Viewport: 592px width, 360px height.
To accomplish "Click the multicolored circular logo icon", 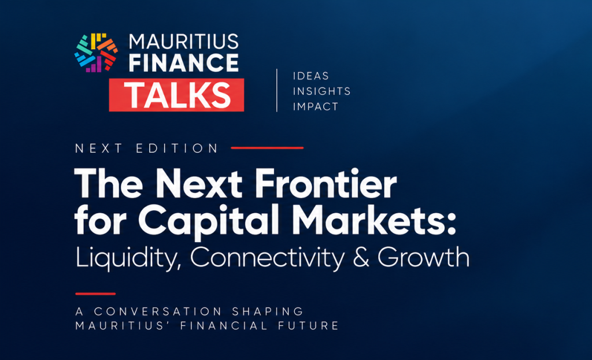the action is click(97, 53).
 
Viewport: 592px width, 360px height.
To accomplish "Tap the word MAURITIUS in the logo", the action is click(184, 42).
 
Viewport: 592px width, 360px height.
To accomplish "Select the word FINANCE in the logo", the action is click(184, 62).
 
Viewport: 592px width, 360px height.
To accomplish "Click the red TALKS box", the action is click(176, 95).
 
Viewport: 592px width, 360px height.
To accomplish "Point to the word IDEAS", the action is click(310, 76).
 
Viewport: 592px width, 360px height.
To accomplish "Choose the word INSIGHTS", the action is click(321, 91).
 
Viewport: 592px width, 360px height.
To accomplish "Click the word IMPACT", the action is click(316, 107).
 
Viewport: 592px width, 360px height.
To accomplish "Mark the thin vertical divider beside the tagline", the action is click(277, 90).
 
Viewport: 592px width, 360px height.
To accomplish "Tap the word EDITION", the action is click(177, 149).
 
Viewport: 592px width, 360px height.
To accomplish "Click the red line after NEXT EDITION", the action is click(267, 148).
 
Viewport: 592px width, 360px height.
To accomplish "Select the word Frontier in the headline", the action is click(325, 184).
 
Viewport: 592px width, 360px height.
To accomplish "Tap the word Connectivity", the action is click(267, 258).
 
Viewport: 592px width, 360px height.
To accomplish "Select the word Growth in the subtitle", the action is click(423, 257).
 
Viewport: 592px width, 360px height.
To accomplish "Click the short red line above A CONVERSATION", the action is click(95, 294).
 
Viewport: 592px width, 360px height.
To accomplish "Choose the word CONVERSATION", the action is click(158, 311).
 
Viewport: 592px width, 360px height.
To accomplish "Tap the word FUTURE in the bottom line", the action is click(309, 326).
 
